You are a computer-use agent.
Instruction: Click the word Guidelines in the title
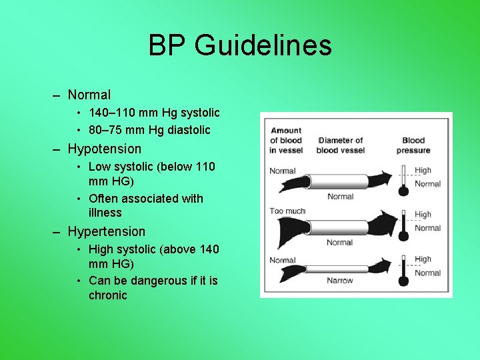pyautogui.click(x=263, y=45)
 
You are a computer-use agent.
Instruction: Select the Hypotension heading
pyautogui.click(x=105, y=149)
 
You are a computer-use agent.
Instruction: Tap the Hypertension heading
pyautogui.click(x=106, y=231)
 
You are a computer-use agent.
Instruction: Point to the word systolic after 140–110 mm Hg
pyautogui.click(x=200, y=113)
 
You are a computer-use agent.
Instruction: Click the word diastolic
pyautogui.click(x=189, y=130)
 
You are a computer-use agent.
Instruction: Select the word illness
pyautogui.click(x=105, y=213)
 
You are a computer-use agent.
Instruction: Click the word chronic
pyautogui.click(x=108, y=295)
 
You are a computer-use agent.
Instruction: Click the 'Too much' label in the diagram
pyautogui.click(x=287, y=211)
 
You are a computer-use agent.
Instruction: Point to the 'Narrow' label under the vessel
pyautogui.click(x=340, y=281)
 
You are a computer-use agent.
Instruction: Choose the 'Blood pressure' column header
pyautogui.click(x=413, y=145)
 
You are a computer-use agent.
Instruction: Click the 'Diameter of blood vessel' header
pyautogui.click(x=341, y=145)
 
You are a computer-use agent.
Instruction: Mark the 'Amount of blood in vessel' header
pyautogui.click(x=286, y=141)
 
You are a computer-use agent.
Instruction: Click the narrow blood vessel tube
pyautogui.click(x=337, y=269)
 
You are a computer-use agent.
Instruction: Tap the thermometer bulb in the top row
pyautogui.click(x=403, y=191)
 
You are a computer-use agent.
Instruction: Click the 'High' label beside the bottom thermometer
pyautogui.click(x=423, y=259)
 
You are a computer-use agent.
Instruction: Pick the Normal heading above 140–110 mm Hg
pyautogui.click(x=89, y=95)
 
